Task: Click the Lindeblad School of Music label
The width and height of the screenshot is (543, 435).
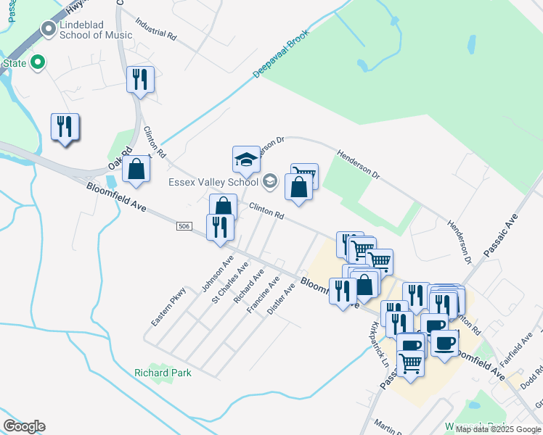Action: pyautogui.click(x=95, y=29)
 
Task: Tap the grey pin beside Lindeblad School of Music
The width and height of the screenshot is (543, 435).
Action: pyautogui.click(x=49, y=29)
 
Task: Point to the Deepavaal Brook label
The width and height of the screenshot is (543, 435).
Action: pyautogui.click(x=282, y=54)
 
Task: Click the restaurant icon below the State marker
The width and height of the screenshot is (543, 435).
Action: pyautogui.click(x=65, y=127)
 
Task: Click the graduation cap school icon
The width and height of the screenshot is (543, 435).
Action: pyautogui.click(x=246, y=159)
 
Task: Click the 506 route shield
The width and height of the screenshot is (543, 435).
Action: pyautogui.click(x=184, y=227)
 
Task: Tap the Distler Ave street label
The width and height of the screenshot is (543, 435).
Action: pyautogui.click(x=282, y=298)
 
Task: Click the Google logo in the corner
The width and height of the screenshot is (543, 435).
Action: pyautogui.click(x=24, y=426)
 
